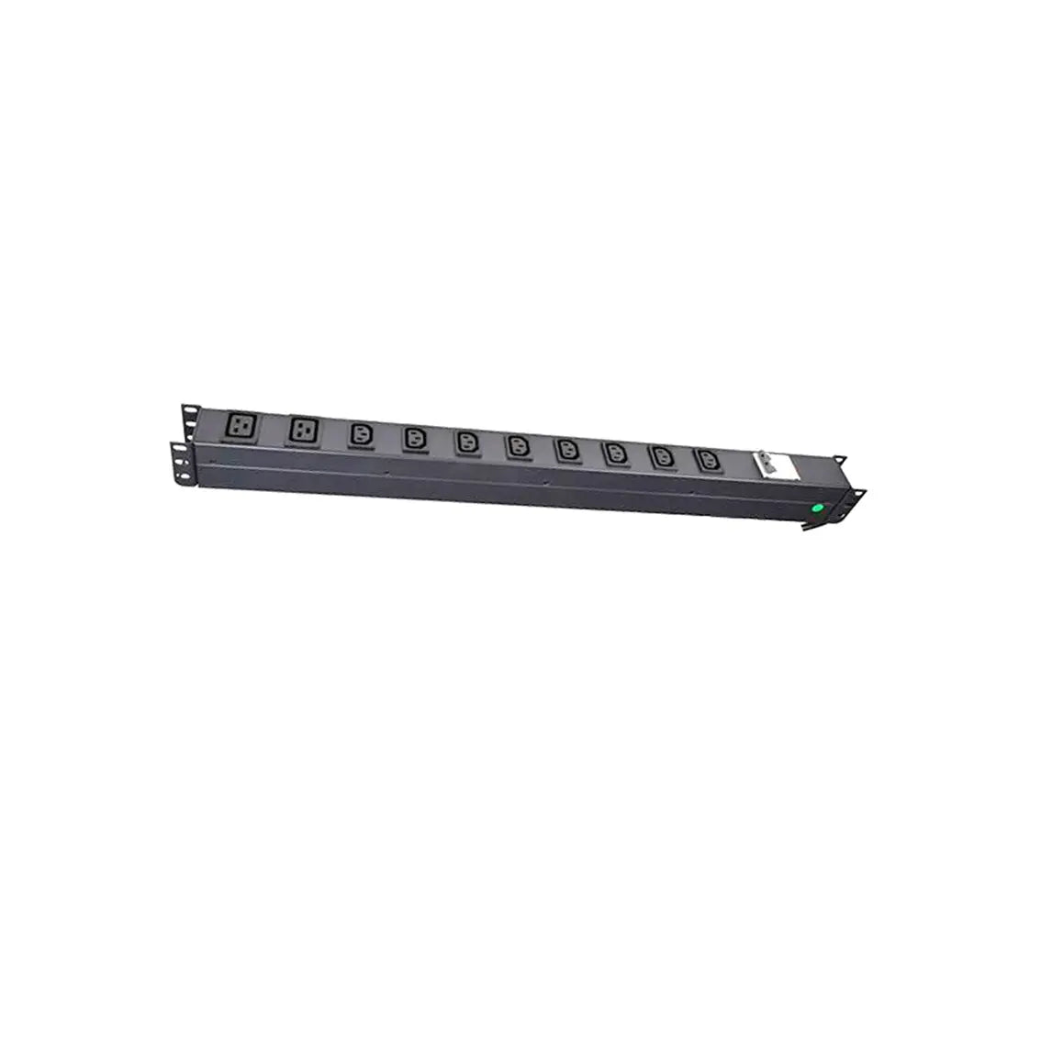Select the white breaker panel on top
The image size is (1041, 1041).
(x=772, y=465)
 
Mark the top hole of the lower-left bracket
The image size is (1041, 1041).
(x=176, y=450)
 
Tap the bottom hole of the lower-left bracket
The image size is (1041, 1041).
(x=181, y=476)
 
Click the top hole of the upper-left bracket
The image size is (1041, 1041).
(x=188, y=409)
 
